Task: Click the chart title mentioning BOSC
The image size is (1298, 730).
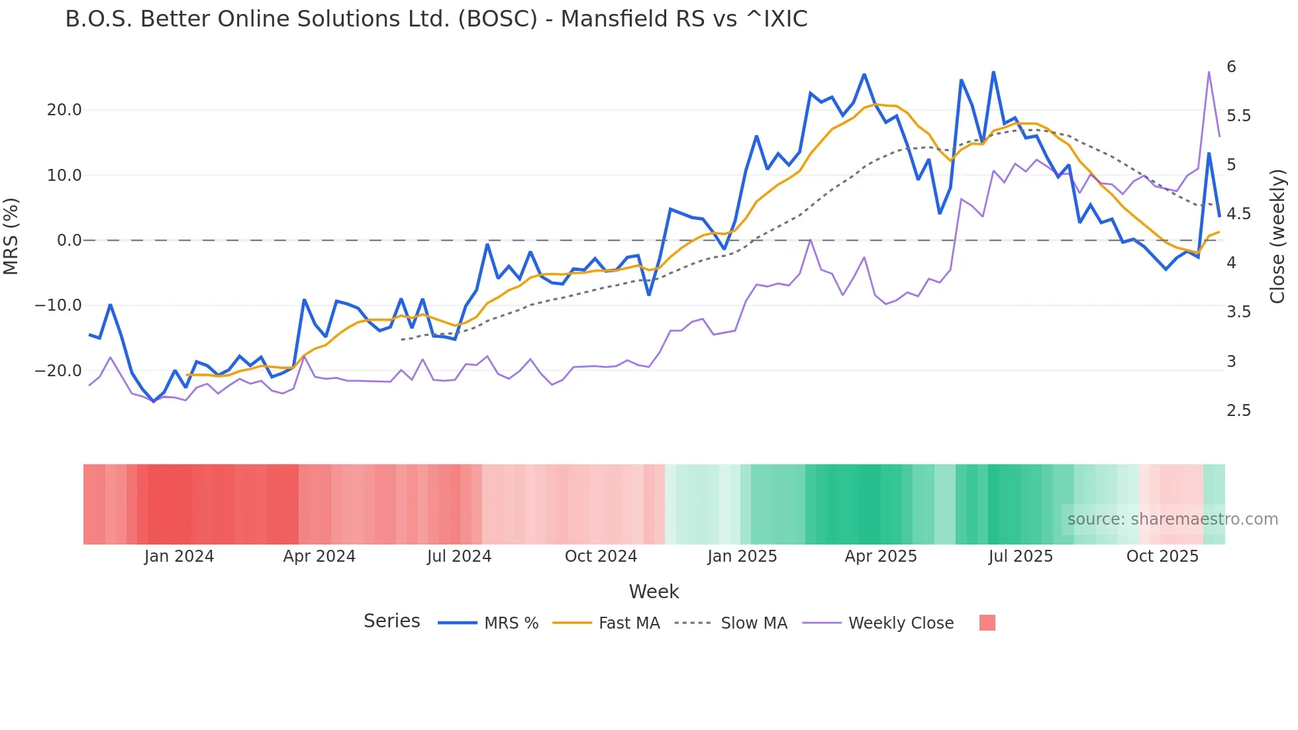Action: click(x=436, y=19)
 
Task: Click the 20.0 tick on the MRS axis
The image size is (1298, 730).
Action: click(x=64, y=110)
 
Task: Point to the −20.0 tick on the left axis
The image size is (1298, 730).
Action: click(x=58, y=371)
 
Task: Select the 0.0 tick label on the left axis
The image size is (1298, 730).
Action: click(x=69, y=240)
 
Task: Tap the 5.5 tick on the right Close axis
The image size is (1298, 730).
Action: click(x=1238, y=116)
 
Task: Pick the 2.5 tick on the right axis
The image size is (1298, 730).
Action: click(x=1238, y=411)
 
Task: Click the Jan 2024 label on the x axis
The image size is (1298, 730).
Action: click(x=179, y=556)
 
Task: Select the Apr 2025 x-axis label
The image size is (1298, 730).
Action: click(x=880, y=556)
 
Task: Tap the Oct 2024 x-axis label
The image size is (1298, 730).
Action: click(x=601, y=556)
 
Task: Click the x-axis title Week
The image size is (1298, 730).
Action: click(x=654, y=592)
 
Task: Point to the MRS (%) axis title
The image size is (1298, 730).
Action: click(x=11, y=236)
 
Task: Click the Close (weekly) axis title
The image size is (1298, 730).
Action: click(x=1277, y=236)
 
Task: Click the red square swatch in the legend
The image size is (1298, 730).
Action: click(x=987, y=623)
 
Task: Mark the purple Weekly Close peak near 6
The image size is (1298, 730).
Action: click(x=1209, y=72)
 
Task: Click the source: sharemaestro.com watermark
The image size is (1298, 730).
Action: click(x=1172, y=519)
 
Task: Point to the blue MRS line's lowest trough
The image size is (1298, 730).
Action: click(x=154, y=401)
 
